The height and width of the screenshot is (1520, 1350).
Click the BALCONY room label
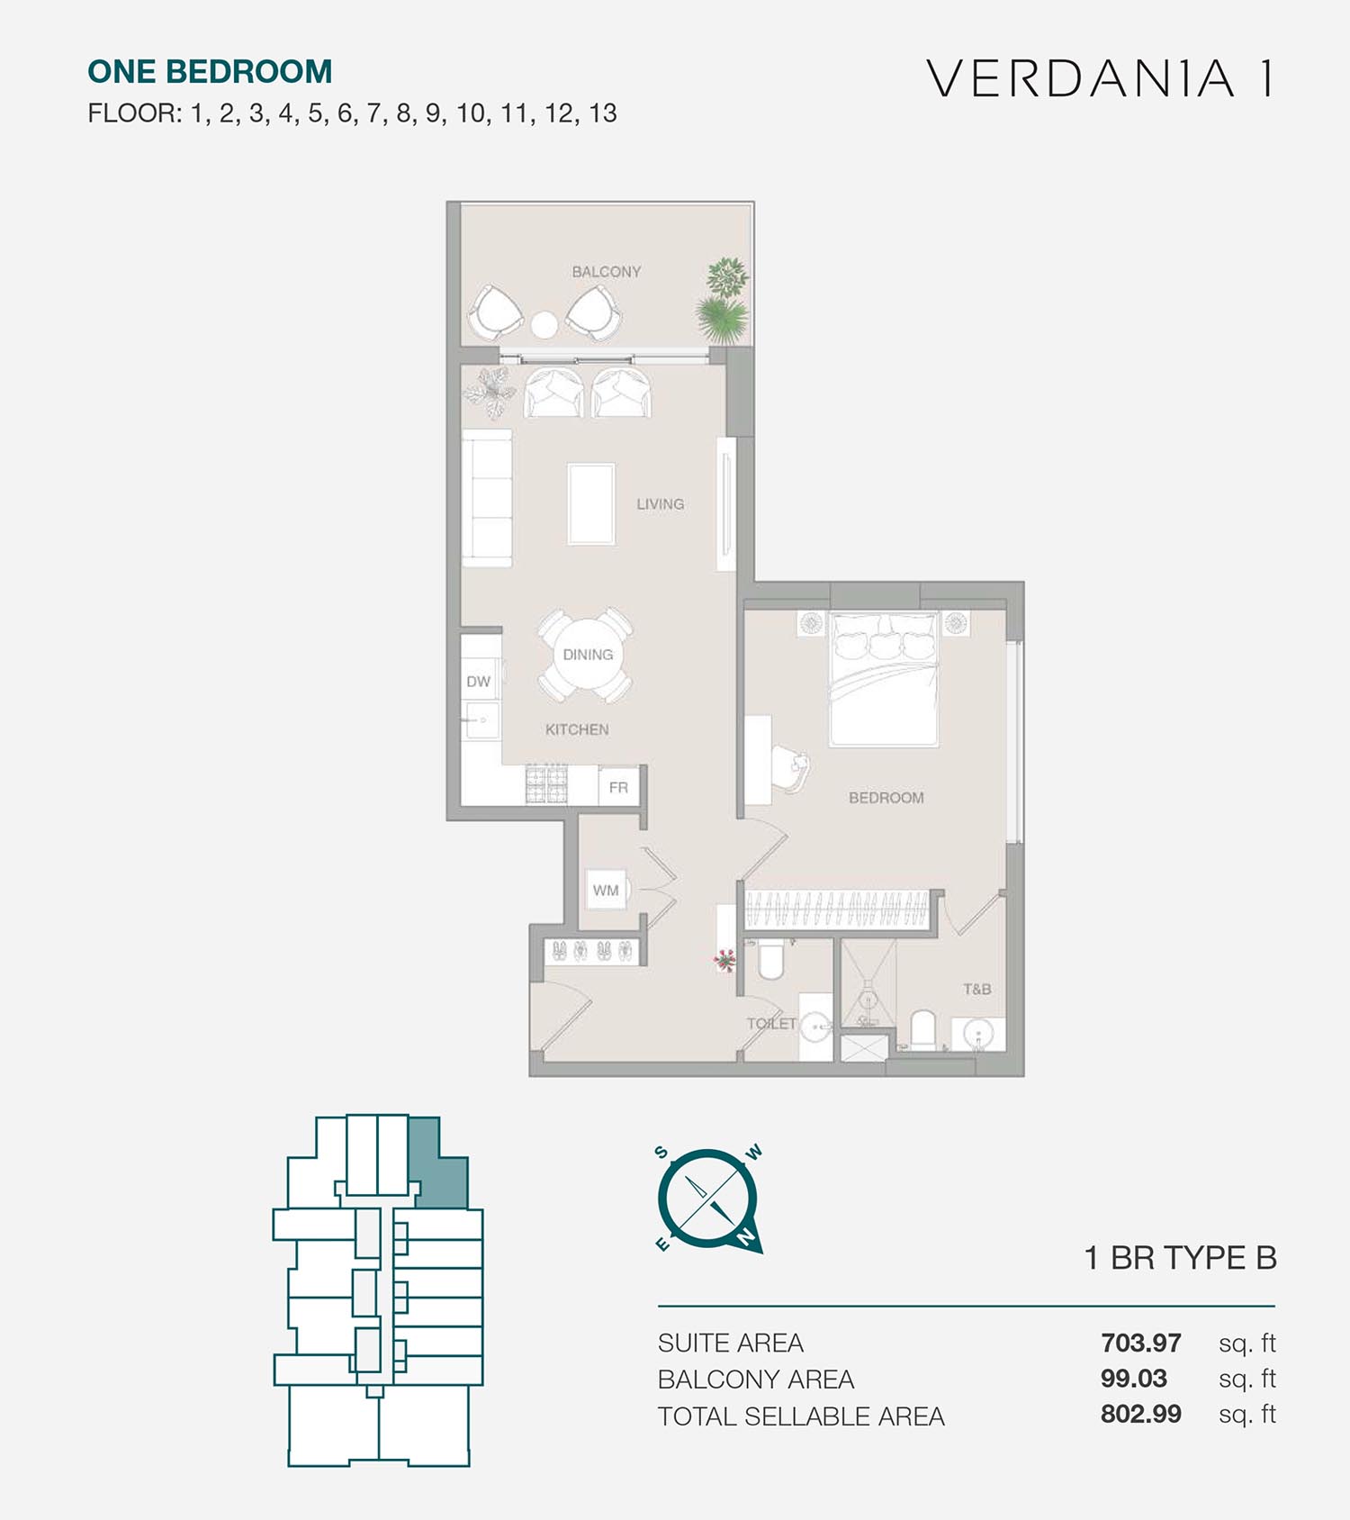pos(607,271)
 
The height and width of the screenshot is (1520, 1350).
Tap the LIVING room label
pos(661,504)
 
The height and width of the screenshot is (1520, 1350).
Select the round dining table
pos(587,655)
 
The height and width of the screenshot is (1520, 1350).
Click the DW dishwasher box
pos(479,682)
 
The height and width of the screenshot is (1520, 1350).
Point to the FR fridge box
pos(618,787)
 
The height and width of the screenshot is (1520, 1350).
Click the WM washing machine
pos(606,890)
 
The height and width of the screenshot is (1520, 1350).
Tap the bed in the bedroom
pos(884,679)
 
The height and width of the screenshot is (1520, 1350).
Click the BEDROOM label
pos(886,798)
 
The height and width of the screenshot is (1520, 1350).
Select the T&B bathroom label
pos(976,989)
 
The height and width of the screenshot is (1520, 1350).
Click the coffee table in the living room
pos(591,504)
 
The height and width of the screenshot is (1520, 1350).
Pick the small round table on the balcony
pos(544,324)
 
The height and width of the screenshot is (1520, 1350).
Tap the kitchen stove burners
pos(547,784)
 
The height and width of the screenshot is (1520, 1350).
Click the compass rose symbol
pos(709,1199)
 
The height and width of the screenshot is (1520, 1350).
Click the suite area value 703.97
pos(1140,1343)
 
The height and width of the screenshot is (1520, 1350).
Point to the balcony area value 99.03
pos(1134,1379)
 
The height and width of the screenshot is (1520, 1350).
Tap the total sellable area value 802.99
pos(1140,1414)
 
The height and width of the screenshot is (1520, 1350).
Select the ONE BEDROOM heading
pos(210,71)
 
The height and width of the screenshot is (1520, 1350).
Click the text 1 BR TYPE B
pos(1181,1258)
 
